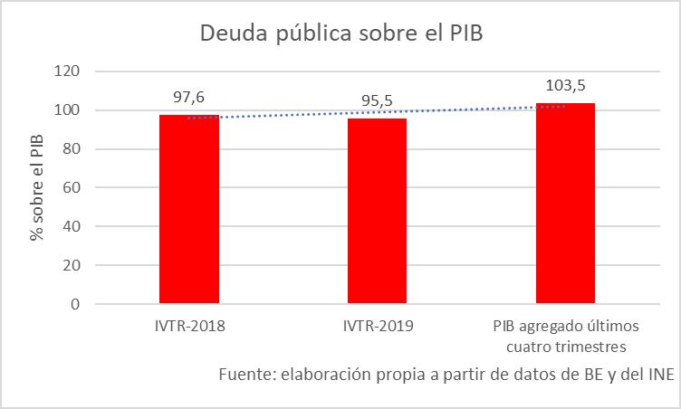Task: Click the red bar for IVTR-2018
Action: click(x=189, y=209)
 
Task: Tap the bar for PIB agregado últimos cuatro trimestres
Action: click(x=565, y=204)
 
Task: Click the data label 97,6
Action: click(x=190, y=95)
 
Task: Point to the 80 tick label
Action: click(x=73, y=149)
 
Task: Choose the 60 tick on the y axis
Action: click(x=73, y=188)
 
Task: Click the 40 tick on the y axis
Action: click(x=73, y=227)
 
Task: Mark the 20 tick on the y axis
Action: click(x=73, y=266)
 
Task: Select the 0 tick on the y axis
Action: click(x=77, y=305)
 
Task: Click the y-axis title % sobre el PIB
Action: click(x=37, y=189)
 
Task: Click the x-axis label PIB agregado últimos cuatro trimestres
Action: click(x=565, y=336)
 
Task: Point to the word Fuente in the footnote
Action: click(x=246, y=375)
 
